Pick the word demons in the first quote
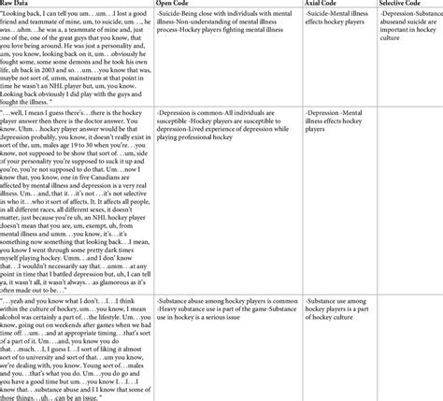click(x=98, y=63)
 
